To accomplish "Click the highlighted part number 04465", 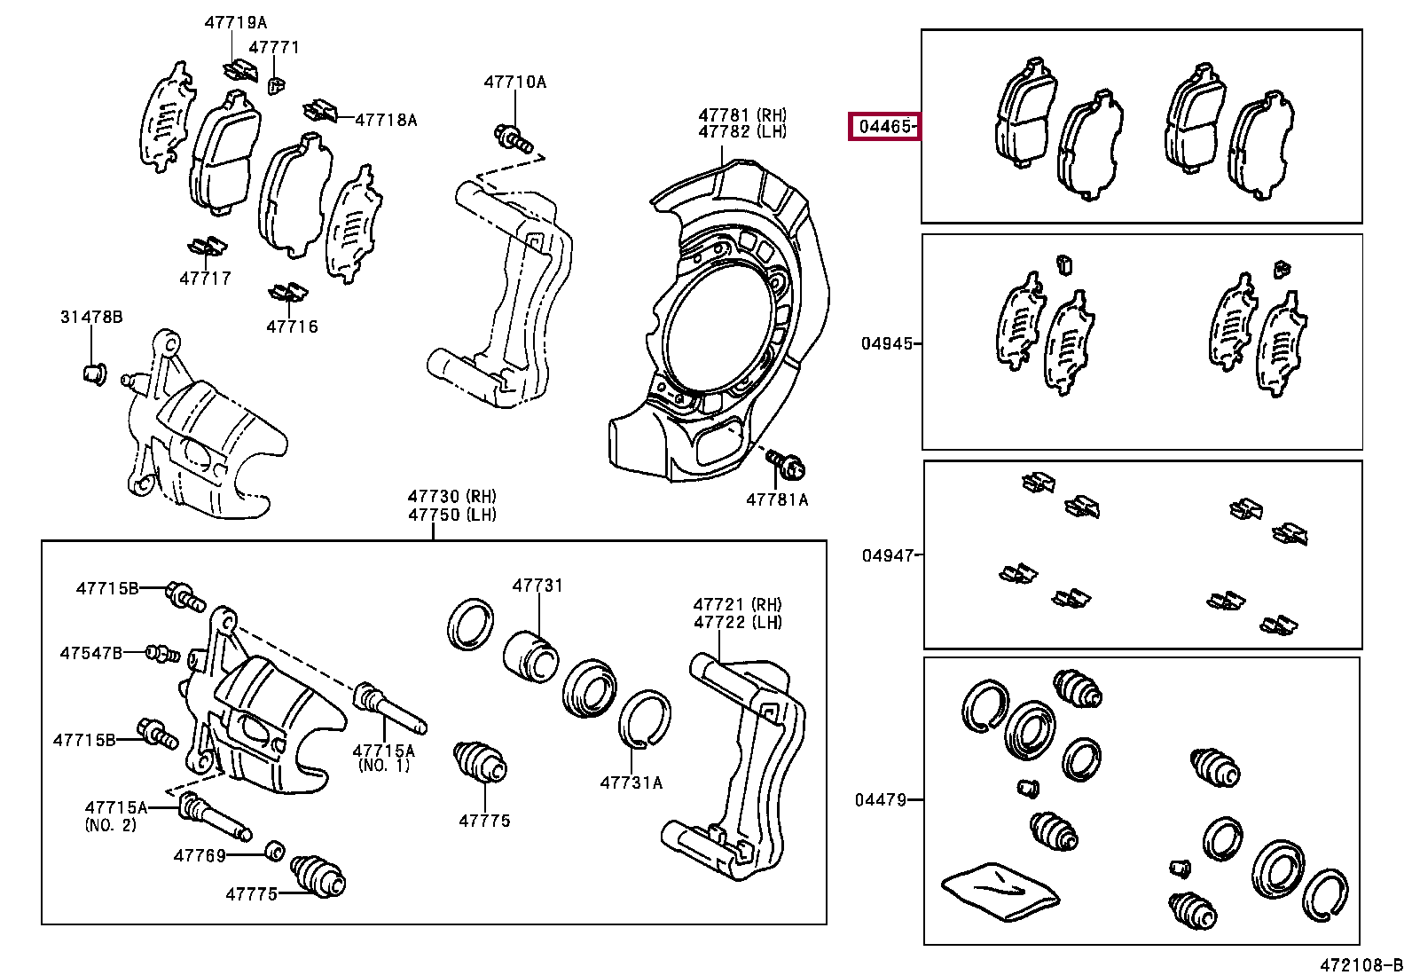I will click(885, 128).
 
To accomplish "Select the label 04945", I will click(886, 343).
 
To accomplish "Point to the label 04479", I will click(881, 800).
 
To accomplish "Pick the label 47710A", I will click(514, 83).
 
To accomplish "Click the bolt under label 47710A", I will click(512, 138).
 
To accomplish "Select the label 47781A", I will click(777, 499).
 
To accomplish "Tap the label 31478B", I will click(91, 317).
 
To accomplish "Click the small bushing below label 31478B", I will click(93, 373).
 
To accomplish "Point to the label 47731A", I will click(631, 782).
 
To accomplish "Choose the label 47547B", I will click(91, 654).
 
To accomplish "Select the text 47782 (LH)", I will click(742, 132).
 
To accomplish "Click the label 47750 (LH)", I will click(452, 515).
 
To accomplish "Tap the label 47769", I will click(200, 855).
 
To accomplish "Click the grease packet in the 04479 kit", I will click(1000, 888).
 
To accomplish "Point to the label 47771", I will click(274, 48).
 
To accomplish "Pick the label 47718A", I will click(386, 120).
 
